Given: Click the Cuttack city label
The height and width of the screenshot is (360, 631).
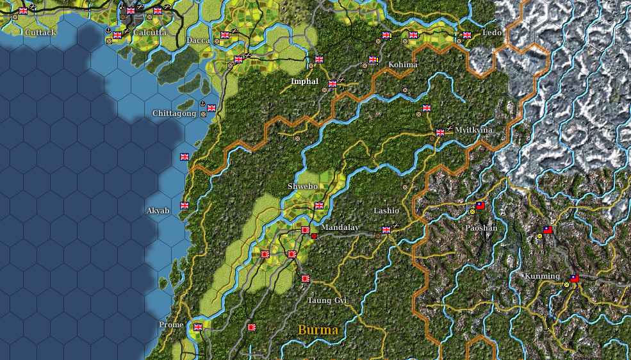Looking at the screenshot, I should pos(40,32).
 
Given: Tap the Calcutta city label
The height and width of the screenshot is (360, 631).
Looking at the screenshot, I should pos(150,32).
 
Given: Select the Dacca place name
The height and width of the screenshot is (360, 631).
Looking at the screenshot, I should pos(198,40).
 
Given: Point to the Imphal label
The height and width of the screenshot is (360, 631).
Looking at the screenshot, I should pos(304,81).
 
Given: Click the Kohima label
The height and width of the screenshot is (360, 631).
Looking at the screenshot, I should pos(403,65).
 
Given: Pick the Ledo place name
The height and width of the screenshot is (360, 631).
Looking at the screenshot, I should pos(492,32).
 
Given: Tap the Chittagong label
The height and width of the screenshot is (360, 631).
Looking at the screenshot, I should pos(174,113).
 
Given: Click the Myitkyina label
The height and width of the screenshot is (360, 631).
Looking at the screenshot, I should pos(473,130).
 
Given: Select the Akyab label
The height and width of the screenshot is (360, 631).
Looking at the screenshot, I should pos(158,210).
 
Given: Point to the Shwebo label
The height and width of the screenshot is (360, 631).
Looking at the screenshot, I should pos(302,186).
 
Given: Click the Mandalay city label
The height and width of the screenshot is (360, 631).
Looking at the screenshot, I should pos(340,227).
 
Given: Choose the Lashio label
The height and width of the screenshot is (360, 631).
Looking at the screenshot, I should pos(386,211).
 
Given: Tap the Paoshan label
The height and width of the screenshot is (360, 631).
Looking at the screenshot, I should pos(480,227).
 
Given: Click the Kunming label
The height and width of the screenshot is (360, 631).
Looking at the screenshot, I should pos(542,277).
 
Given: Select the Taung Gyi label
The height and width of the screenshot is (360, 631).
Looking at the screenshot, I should pos(327,300).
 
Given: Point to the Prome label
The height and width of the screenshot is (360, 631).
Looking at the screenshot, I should pos(171,325).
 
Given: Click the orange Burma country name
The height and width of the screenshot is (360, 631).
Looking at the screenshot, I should pos(318,331).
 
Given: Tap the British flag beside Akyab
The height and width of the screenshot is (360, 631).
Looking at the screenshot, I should pos(184,206).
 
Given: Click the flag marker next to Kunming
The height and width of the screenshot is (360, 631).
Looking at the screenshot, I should pos(574,278).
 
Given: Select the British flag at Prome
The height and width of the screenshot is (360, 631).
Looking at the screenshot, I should pos(198,327).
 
